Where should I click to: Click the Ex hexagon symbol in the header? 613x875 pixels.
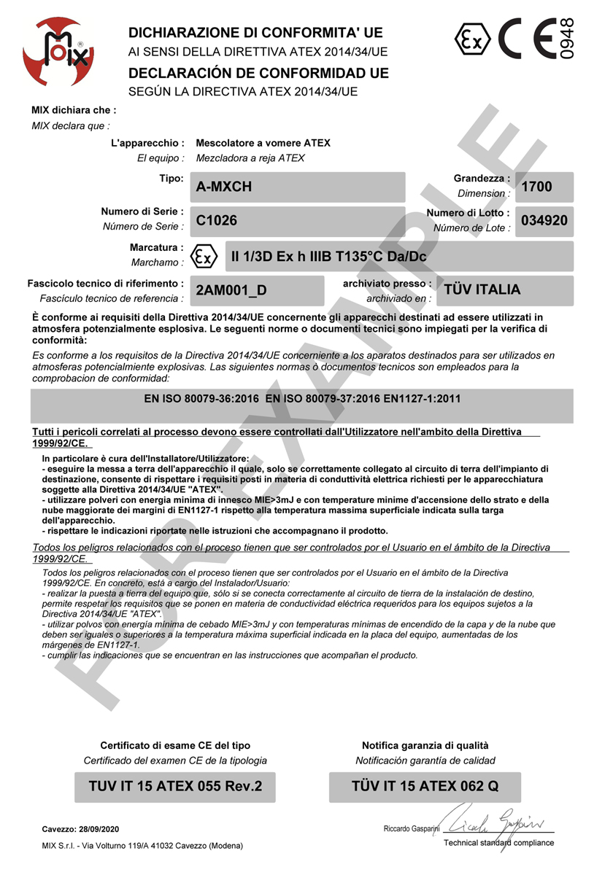tap(472, 39)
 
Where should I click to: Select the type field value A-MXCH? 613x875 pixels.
tap(224, 187)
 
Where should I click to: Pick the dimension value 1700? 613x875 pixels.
tap(537, 187)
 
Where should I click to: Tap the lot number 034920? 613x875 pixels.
tap(544, 221)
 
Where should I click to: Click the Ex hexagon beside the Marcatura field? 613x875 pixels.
tap(204, 256)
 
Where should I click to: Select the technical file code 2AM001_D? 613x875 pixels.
tap(231, 290)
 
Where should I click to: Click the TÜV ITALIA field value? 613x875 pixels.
tap(482, 289)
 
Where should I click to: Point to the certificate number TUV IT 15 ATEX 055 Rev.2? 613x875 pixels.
tap(175, 787)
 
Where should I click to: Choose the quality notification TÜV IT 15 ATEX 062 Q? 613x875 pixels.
tap(425, 787)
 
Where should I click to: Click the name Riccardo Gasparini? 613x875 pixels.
tap(412, 830)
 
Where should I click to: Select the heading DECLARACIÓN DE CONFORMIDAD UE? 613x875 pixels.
tap(258, 74)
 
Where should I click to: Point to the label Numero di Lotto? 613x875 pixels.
tap(468, 213)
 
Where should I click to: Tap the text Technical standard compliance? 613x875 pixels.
tap(498, 843)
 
